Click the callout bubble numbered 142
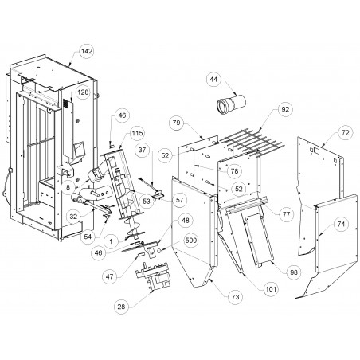tap(87, 51)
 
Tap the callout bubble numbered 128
tap(83, 92)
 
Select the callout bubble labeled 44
tap(213, 80)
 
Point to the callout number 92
tap(285, 109)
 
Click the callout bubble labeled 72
tap(345, 132)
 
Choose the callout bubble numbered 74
tap(341, 225)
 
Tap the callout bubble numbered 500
tap(191, 241)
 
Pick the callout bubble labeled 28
tap(121, 307)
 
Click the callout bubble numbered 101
tap(271, 289)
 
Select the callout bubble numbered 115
tap(137, 133)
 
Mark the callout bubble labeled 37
tap(143, 150)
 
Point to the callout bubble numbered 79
tap(176, 123)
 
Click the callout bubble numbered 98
tap(294, 272)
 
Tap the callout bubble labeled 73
tap(235, 297)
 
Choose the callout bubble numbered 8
tap(68, 187)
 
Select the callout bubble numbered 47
tap(109, 276)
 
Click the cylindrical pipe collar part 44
tap(231, 104)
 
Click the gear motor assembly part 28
tap(152, 276)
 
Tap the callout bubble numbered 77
tap(286, 214)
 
